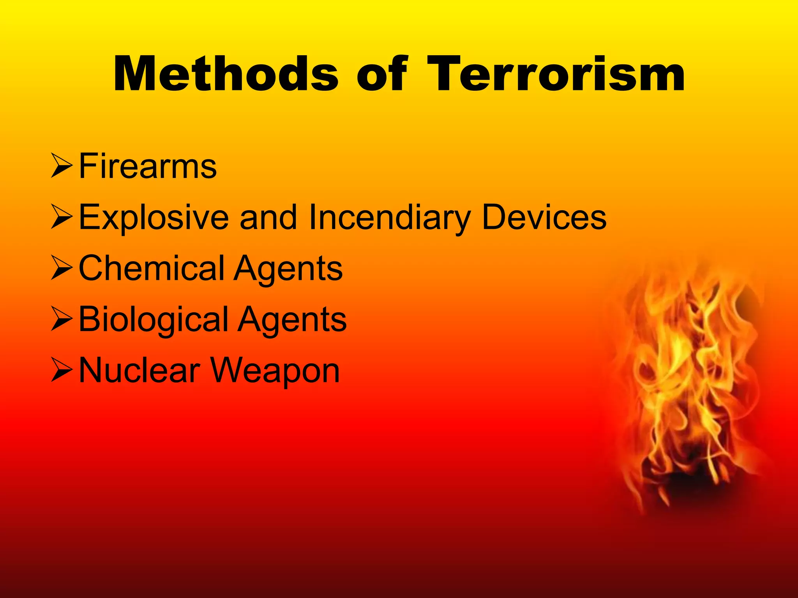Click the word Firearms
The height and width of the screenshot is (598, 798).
(148, 167)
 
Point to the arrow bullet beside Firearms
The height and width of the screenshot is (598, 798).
(62, 167)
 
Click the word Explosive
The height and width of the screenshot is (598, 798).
(154, 218)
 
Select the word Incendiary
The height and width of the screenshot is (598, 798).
(390, 218)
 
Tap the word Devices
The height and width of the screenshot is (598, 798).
(544, 218)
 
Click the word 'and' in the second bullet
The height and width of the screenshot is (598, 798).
(268, 218)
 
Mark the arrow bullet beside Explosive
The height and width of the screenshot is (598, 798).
(62, 218)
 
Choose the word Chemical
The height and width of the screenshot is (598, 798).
(152, 268)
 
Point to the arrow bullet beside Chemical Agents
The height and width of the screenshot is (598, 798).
(62, 269)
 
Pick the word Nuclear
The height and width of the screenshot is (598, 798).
(139, 371)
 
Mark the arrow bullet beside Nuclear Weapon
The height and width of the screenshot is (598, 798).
(62, 371)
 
